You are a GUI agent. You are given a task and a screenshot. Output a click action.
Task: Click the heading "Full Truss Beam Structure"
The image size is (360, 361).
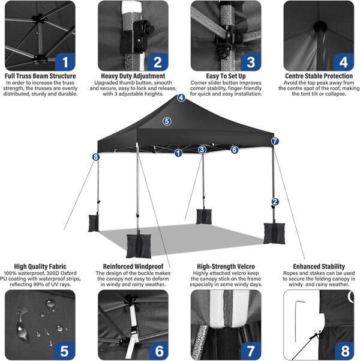pos(40,76)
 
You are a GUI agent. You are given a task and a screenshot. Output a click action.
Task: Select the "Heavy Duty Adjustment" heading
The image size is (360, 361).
pos(134,76)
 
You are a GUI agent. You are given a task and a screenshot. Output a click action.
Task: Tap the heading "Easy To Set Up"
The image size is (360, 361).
pos(226,76)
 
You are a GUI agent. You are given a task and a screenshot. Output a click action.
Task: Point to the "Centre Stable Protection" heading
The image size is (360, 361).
pos(319,76)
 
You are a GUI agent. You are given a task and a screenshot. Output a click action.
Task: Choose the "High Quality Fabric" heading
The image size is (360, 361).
pos(40,266)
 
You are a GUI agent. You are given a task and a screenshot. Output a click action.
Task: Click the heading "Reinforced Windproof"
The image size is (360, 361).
pos(134,266)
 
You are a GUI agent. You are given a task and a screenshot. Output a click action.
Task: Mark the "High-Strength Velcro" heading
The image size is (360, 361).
pos(226,266)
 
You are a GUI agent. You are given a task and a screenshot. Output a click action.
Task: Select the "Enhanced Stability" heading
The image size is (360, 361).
pos(319,266)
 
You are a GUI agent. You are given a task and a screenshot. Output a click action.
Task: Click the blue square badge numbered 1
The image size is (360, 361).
pos(65,61)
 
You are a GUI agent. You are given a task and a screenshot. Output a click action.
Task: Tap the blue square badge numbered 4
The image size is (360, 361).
pos(343,61)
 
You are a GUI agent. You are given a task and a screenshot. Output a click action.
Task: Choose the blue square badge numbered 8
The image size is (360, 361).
pos(343,350)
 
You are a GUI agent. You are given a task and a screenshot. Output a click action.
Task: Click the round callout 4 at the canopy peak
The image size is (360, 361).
pos(181,98)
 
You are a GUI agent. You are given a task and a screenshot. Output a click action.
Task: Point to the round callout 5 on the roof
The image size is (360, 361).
pos(167,121)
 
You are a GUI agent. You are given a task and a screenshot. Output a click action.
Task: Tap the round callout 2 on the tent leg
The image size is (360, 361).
pos(275,202)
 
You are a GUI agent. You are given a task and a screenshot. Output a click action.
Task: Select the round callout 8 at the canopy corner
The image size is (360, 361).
pos(95,157)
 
